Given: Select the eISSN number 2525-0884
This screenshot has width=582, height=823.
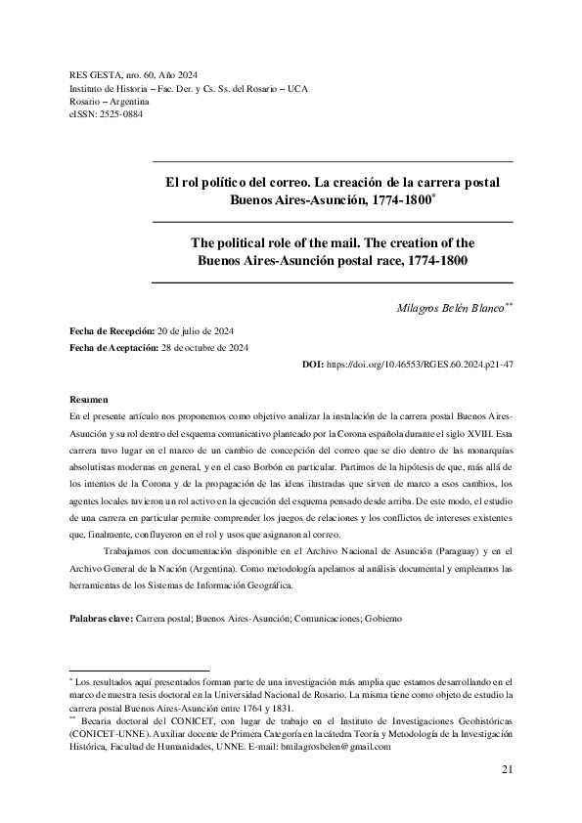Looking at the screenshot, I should pos(120,114).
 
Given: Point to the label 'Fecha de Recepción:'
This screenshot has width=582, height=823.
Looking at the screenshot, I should pos(111,331).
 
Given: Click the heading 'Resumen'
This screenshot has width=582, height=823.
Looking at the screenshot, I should pos(89,401).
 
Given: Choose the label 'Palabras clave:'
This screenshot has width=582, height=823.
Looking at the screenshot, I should pos(101,620).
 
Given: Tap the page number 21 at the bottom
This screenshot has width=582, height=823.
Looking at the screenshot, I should pos(507,769).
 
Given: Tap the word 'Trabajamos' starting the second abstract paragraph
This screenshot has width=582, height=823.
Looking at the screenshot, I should pos(135,552).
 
